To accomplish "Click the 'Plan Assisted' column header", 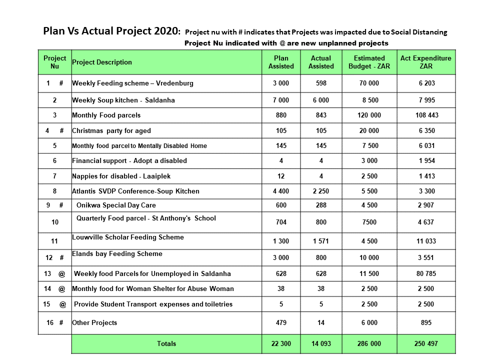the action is (x=281, y=62).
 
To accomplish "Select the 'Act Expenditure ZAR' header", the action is (x=426, y=62).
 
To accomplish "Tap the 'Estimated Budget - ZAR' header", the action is (x=369, y=62).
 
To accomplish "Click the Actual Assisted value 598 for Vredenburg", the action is (x=321, y=83).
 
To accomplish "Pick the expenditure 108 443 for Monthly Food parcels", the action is (x=426, y=115).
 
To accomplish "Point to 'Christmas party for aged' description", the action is (x=111, y=131).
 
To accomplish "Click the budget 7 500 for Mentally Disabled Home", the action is (x=370, y=145).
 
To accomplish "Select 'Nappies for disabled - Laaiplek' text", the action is (x=121, y=176).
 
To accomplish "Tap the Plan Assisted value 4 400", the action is (x=281, y=191).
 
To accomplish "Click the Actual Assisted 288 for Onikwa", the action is (x=321, y=205).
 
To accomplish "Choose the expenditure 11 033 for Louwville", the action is (x=426, y=241).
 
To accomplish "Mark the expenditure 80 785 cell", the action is (x=426, y=273).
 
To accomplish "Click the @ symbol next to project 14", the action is (x=62, y=289).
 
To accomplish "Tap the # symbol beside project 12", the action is (x=61, y=258).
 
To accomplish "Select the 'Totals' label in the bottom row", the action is (x=166, y=344).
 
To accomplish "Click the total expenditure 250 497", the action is (x=426, y=344).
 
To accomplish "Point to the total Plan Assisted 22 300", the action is (x=281, y=344).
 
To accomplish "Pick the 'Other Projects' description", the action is (x=94, y=322).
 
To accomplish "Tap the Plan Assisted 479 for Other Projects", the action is (x=281, y=322).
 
